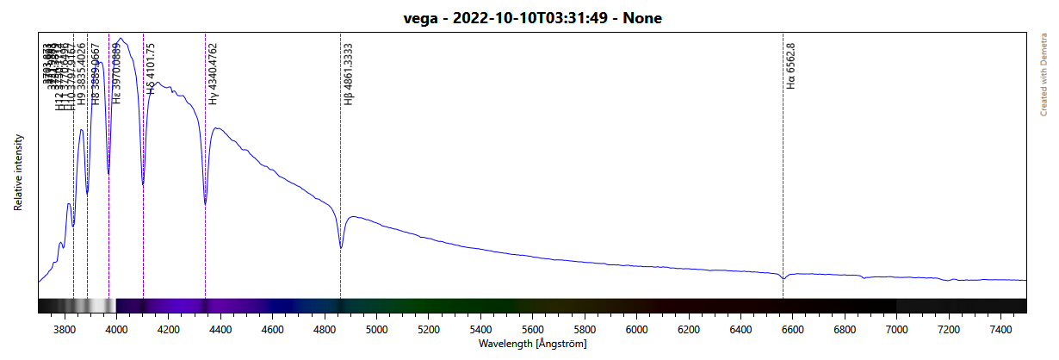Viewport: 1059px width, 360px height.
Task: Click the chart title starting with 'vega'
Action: tap(532, 18)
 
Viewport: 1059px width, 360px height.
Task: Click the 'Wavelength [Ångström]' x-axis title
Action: tap(532, 343)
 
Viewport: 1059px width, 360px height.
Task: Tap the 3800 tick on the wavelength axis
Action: tap(64, 329)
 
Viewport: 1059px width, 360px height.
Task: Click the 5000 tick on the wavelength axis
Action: tap(376, 329)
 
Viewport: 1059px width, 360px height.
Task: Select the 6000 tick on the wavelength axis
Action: tap(636, 329)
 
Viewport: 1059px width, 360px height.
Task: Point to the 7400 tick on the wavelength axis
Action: tap(1000, 329)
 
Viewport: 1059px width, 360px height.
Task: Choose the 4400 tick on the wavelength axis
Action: tap(220, 329)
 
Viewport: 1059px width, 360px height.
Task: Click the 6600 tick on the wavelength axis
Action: tap(792, 329)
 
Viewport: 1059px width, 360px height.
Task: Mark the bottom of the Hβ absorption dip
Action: tap(341, 248)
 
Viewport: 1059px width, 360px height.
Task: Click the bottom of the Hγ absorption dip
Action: tap(205, 204)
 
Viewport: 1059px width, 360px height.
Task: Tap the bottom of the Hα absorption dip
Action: tap(783, 279)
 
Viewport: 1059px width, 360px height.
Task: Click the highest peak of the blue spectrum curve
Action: tap(122, 38)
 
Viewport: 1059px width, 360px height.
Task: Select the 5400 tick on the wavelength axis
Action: tap(480, 329)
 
